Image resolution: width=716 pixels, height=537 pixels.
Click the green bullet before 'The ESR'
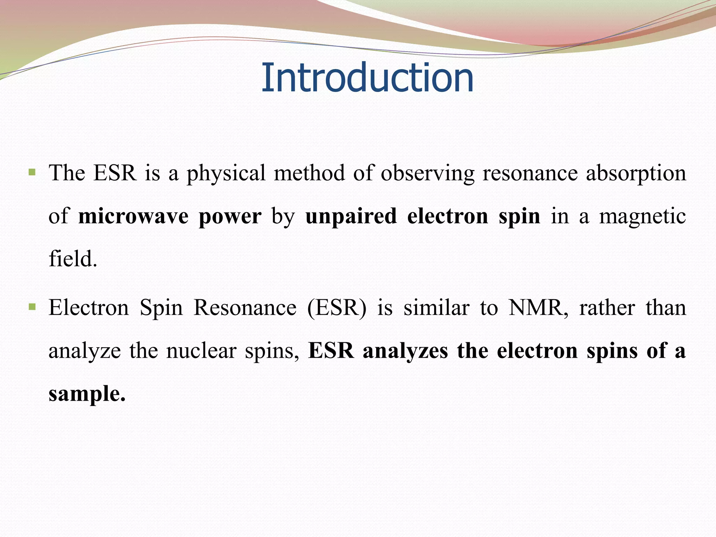[x=32, y=172]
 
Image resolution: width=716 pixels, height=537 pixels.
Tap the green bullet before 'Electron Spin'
[x=32, y=307]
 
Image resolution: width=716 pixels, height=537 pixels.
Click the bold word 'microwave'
[x=133, y=216]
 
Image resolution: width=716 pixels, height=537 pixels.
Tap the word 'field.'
[x=73, y=259]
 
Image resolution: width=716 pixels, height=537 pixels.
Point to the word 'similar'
[x=436, y=308]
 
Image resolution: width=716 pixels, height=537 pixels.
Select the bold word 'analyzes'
[x=405, y=351]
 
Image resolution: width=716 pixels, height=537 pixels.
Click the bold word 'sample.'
[x=87, y=394]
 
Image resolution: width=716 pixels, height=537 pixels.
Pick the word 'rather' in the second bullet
[x=607, y=308]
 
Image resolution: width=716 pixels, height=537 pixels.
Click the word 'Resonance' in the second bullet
[x=245, y=308]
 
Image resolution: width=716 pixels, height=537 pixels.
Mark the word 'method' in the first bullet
[x=309, y=173]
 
